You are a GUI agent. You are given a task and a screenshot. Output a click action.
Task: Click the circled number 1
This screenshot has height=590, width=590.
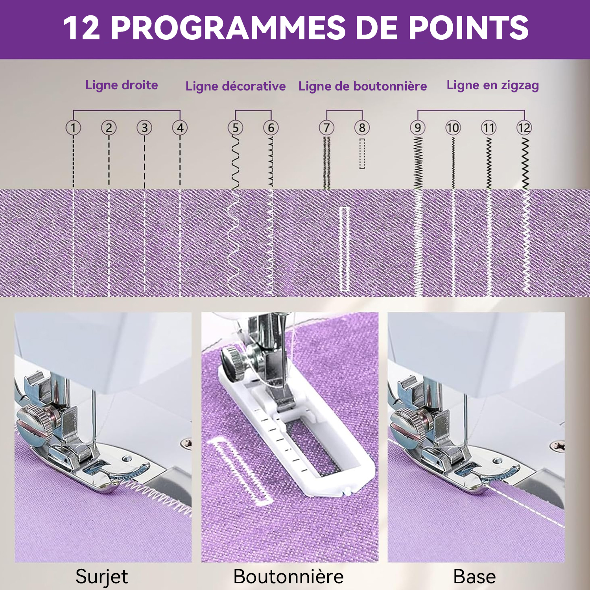point(73,127)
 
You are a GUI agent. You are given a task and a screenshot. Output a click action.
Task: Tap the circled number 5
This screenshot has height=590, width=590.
point(235,127)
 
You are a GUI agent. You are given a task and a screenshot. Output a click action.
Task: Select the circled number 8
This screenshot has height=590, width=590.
point(362,127)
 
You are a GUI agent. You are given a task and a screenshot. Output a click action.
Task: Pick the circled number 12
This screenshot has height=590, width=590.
point(524,127)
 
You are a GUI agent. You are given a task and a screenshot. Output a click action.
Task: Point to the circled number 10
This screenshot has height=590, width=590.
point(453,127)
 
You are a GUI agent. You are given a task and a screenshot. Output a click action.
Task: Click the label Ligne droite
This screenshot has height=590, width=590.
point(122,85)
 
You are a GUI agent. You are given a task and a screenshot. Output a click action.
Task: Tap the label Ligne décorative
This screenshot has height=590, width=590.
point(236,86)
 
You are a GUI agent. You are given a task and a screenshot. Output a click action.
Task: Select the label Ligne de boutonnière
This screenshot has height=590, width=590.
point(363,86)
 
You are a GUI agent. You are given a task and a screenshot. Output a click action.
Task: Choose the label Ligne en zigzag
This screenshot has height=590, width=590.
point(493,86)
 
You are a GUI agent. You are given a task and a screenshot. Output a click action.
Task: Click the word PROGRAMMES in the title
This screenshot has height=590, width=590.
point(228,28)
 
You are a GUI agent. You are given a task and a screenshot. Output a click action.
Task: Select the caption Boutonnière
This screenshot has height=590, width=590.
point(288,577)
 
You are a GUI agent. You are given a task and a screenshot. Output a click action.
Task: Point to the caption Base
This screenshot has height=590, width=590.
point(474,577)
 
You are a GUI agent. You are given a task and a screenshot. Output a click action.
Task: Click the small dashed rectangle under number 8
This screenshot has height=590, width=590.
point(362,153)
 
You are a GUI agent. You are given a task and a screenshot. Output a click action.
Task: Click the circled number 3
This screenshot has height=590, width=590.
point(144,127)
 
